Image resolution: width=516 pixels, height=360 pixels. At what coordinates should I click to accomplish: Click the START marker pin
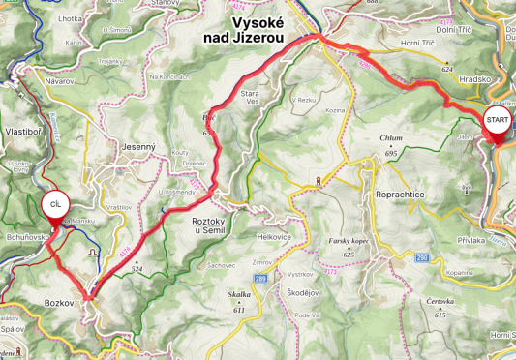[x=496, y=122]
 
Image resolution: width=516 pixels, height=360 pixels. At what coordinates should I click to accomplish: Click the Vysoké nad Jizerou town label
[x=257, y=29]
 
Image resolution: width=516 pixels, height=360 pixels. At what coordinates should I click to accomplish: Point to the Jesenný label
[x=139, y=146]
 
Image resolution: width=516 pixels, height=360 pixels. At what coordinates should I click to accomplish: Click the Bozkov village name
[x=59, y=303]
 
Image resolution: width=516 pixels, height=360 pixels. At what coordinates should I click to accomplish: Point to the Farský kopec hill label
[x=350, y=243]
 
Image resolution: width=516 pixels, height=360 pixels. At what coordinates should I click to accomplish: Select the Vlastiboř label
[x=21, y=130]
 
